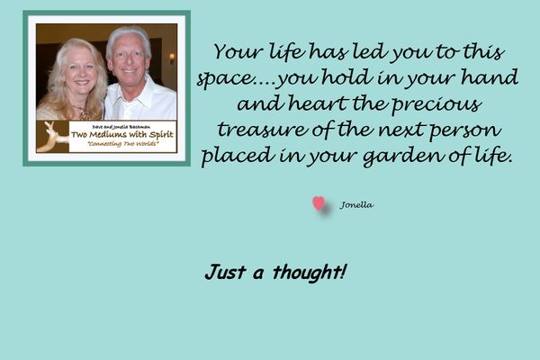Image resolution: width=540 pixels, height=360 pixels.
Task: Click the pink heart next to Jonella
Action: click(x=319, y=203)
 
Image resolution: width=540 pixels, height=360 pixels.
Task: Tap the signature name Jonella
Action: click(x=356, y=205)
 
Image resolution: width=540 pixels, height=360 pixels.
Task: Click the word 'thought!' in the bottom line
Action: click(x=310, y=273)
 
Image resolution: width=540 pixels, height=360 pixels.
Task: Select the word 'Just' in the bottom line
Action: click(x=225, y=272)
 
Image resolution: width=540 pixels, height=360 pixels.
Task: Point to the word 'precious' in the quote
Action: click(x=436, y=104)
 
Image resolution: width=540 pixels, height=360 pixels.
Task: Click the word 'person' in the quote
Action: click(x=465, y=130)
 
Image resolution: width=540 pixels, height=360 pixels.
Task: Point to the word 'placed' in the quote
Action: click(x=238, y=156)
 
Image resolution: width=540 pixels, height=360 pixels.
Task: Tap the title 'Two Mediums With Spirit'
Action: click(x=122, y=134)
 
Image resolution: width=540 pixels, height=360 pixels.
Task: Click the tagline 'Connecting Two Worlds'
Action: click(x=123, y=144)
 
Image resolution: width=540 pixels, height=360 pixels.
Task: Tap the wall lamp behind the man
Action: click(x=172, y=58)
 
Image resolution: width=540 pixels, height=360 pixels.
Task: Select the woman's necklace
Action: click(x=83, y=112)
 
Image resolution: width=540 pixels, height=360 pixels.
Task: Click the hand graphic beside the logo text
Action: click(x=52, y=137)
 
